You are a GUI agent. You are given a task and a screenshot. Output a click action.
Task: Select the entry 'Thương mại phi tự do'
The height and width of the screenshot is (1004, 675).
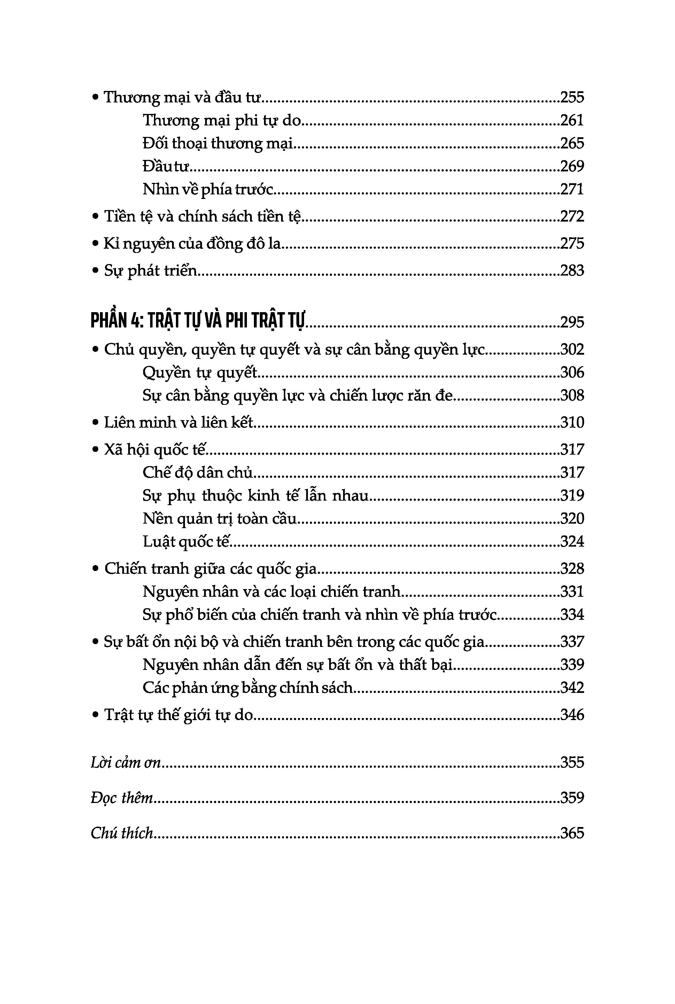tap(221, 120)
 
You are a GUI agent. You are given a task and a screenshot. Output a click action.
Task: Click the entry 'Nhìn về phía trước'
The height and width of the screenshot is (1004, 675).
tap(208, 189)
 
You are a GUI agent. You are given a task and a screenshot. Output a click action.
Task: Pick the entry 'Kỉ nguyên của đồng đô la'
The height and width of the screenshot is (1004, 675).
tap(192, 244)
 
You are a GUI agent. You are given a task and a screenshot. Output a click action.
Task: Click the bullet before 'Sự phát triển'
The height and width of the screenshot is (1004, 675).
tap(95, 271)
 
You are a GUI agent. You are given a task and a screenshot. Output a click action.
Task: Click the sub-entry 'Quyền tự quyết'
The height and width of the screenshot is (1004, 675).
tap(199, 372)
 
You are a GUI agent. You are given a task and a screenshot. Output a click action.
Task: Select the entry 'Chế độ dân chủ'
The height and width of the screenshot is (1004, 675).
tap(197, 473)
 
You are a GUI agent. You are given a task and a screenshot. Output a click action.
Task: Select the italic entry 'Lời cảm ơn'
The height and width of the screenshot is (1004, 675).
tap(125, 763)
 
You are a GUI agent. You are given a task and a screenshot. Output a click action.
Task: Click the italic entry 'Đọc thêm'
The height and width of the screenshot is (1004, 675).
tap(122, 798)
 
